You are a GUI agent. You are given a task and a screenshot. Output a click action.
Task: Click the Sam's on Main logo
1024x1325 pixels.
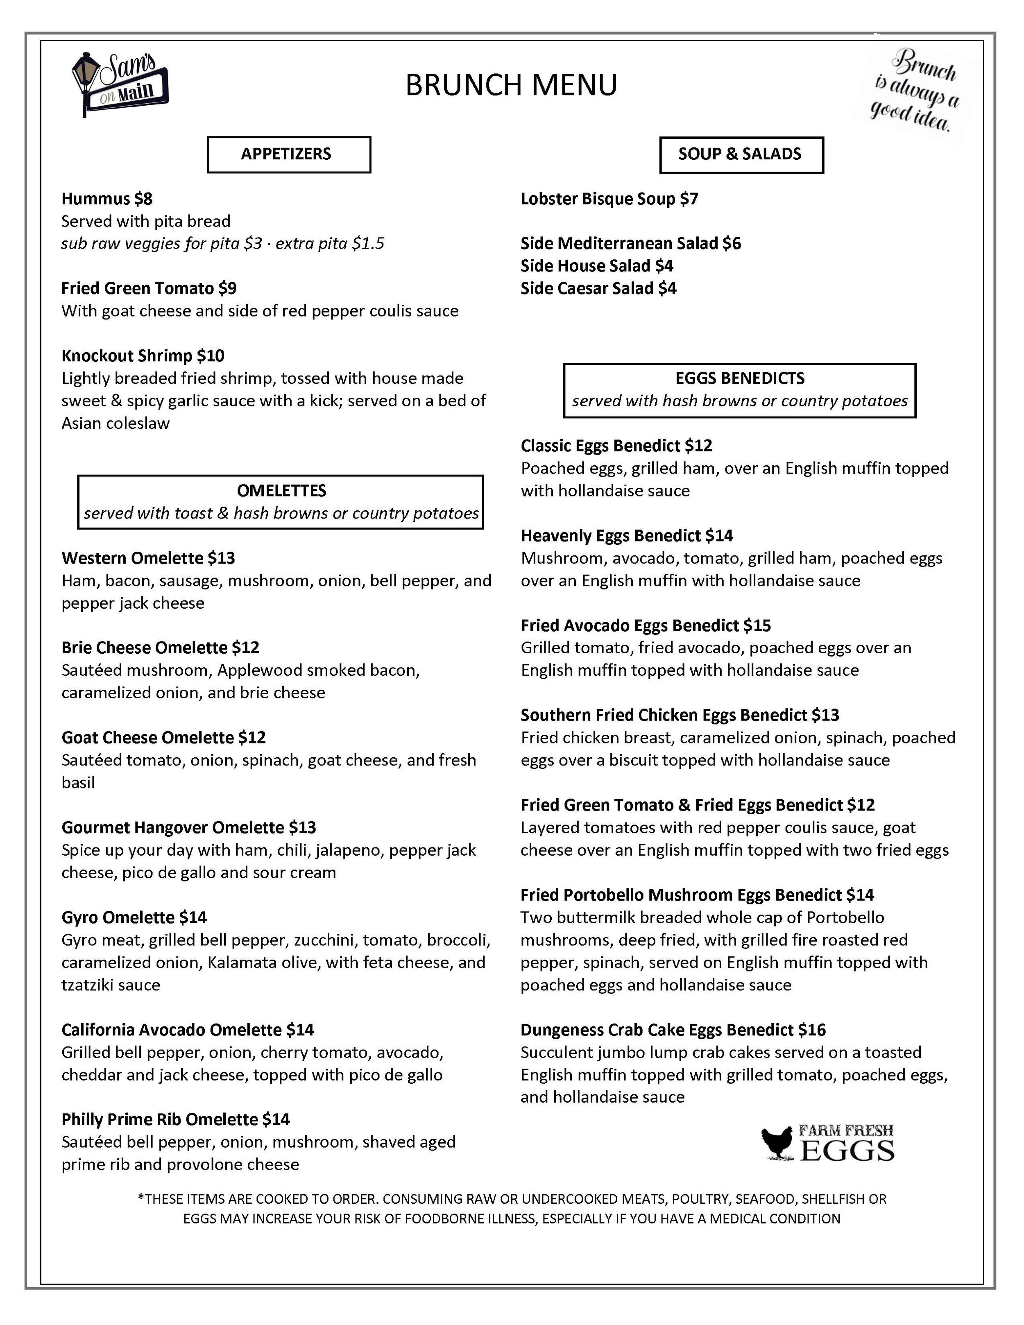120,84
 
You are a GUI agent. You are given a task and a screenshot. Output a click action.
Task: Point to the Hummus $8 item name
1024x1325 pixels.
107,199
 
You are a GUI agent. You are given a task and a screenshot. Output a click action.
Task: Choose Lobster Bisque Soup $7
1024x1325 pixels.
609,199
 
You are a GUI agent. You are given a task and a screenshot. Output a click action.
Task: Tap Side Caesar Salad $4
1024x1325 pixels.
598,288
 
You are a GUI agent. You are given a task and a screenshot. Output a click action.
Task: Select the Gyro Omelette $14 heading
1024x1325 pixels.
134,917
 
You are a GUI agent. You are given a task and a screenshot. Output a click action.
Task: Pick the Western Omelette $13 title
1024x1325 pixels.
148,558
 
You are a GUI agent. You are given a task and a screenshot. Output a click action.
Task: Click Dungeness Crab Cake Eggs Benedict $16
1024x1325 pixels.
673,1030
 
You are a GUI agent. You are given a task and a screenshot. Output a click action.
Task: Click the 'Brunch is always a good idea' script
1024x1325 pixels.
914,91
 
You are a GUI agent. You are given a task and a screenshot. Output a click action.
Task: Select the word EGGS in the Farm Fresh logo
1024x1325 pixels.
847,1151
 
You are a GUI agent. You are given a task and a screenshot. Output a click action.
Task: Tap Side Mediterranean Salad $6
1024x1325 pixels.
630,243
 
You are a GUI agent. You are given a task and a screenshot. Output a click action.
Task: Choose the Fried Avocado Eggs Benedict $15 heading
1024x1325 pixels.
646,625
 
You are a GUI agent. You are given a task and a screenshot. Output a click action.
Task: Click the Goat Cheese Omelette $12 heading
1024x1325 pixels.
163,738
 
